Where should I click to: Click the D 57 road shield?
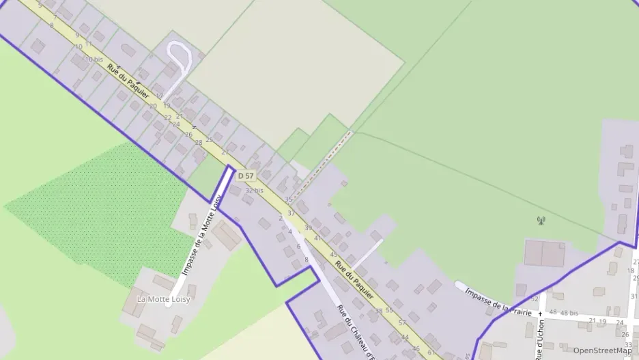coord(246,176)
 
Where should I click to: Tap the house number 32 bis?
coord(254,191)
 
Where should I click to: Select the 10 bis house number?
coord(94,59)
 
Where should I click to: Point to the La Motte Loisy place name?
coord(163,299)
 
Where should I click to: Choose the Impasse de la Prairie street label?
coord(498,302)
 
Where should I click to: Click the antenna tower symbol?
coord(541,221)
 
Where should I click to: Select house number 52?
coord(535,299)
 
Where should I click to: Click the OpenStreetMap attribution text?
coord(602,350)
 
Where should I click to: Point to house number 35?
coord(289,200)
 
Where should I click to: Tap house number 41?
coord(317,238)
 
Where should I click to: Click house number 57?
coord(403,322)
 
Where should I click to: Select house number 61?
coord(431,352)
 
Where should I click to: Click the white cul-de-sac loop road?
coord(178,54)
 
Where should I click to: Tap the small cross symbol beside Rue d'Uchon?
coord(539,314)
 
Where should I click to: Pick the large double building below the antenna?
coord(544,253)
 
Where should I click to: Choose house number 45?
coord(334,255)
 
